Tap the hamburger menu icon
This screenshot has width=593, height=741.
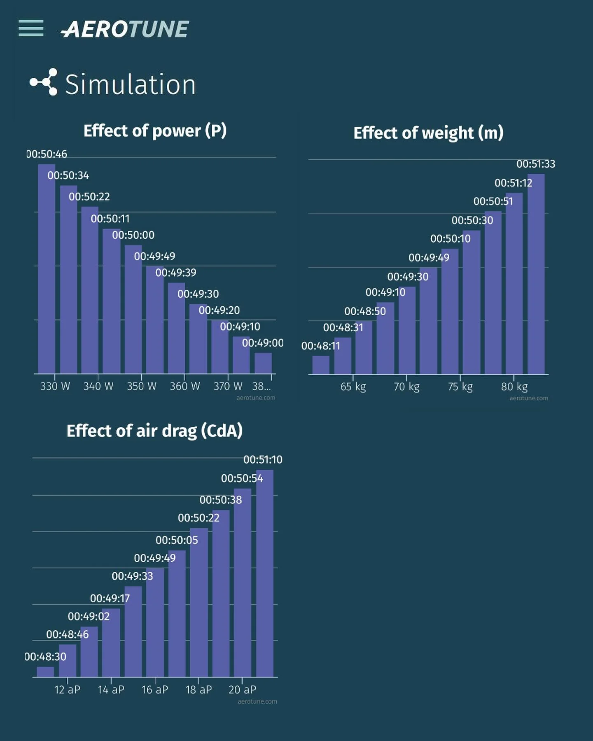click(x=31, y=28)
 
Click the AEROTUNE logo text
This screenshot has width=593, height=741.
click(x=125, y=30)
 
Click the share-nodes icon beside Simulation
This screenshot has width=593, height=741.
click(x=44, y=82)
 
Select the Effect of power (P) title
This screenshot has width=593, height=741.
click(x=155, y=131)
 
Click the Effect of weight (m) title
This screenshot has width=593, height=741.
click(x=428, y=133)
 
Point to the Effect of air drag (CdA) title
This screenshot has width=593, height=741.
click(x=154, y=431)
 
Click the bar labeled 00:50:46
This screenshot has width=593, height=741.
click(x=47, y=268)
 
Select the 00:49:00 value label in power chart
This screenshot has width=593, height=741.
click(x=263, y=343)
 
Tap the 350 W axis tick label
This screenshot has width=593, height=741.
click(x=141, y=386)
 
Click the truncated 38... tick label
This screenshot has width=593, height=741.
click(x=261, y=386)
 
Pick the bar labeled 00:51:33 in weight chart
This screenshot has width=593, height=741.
click(x=536, y=274)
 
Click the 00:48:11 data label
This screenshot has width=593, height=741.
click(x=321, y=346)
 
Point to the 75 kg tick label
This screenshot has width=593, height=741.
click(x=460, y=387)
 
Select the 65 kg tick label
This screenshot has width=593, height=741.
click(x=353, y=387)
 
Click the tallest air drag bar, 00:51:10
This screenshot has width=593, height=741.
click(x=265, y=572)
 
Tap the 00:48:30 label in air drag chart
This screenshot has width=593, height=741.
click(x=46, y=657)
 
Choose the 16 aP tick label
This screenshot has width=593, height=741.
click(x=155, y=690)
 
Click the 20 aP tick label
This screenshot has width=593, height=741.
click(x=242, y=690)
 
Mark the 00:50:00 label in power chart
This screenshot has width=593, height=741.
click(x=133, y=235)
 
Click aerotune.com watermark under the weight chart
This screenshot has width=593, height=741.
click(x=528, y=398)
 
